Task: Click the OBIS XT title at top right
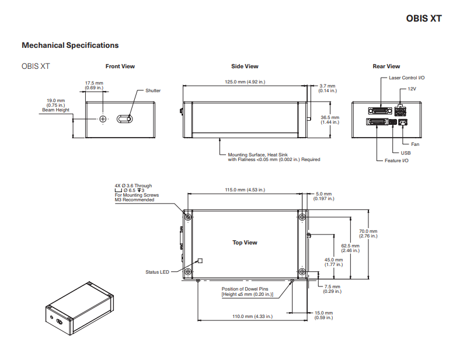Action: click(x=423, y=18)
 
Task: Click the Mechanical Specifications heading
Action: click(x=70, y=45)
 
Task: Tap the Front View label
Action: click(x=120, y=67)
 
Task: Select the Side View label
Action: click(x=245, y=67)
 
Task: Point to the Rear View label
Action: click(x=386, y=67)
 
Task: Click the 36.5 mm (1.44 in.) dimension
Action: click(x=330, y=120)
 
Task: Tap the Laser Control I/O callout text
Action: click(x=406, y=78)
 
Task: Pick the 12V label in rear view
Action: click(x=412, y=88)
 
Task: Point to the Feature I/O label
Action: click(x=396, y=160)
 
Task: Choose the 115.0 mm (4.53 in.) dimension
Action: click(x=245, y=190)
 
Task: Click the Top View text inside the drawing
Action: click(x=245, y=243)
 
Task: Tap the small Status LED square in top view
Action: click(x=200, y=261)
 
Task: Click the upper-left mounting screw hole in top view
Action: click(x=188, y=217)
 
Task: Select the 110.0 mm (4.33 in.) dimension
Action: click(x=245, y=316)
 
